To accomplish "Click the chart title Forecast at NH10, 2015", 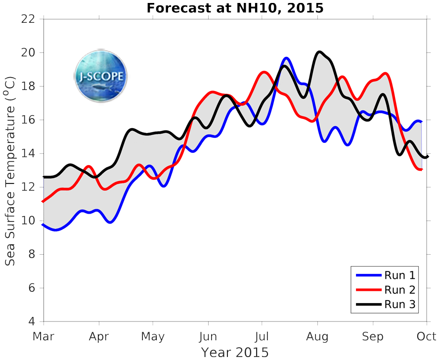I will [x=235, y=8].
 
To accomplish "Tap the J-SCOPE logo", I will [x=101, y=76].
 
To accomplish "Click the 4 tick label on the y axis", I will [x=32, y=322].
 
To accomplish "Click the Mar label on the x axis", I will [x=44, y=337].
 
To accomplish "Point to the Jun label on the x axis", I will [x=208, y=337].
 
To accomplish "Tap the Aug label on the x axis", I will [x=317, y=337].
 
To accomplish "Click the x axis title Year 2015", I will [x=235, y=352].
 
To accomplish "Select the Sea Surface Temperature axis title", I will [x=11, y=171].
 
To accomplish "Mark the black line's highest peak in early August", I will [x=319, y=52].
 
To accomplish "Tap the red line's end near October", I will [x=421, y=170].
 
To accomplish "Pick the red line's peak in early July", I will [x=264, y=72].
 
